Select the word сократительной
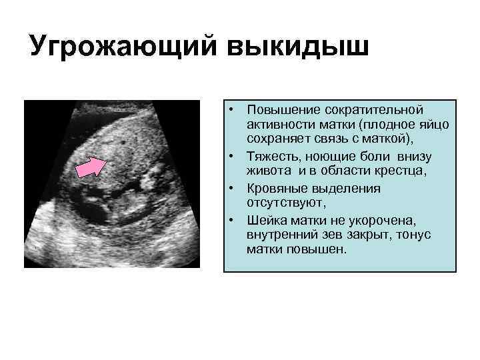[375, 109]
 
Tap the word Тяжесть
[270, 157]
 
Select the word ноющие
[331, 157]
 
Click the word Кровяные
[275, 189]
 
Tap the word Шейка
[264, 220]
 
